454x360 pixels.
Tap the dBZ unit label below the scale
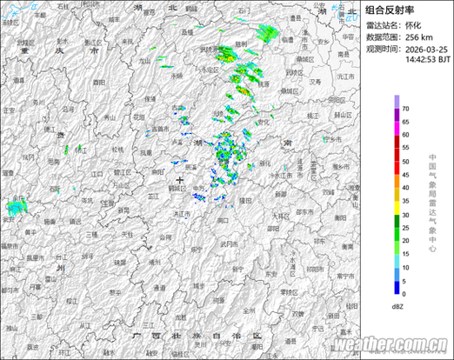click(x=397, y=307)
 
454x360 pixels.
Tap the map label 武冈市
click(x=230, y=246)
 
